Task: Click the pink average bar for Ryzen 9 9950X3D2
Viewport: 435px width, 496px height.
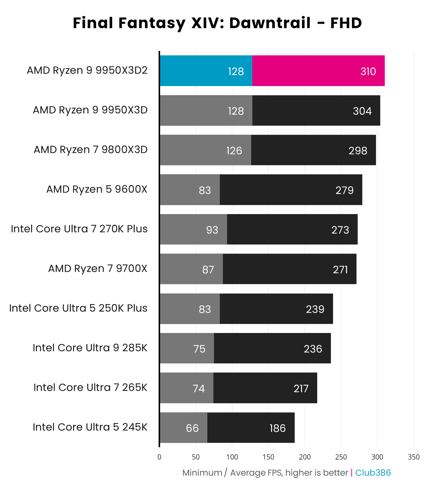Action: (x=318, y=71)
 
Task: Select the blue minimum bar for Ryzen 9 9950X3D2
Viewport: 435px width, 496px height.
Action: (x=206, y=71)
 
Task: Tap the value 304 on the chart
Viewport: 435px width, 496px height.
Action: (x=362, y=111)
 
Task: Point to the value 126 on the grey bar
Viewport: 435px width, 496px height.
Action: (x=234, y=151)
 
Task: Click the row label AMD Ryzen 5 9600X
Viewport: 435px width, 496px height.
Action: (x=96, y=189)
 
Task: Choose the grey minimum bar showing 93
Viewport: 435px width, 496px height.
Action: (x=193, y=230)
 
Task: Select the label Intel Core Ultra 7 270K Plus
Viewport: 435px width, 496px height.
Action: (x=79, y=229)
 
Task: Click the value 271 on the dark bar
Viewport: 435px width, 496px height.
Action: (x=340, y=269)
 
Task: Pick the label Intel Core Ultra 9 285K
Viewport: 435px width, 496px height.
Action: (x=90, y=348)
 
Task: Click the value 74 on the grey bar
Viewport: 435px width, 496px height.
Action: (x=198, y=388)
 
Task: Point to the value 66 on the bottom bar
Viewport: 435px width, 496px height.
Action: (x=192, y=428)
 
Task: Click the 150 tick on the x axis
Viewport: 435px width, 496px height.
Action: (x=268, y=457)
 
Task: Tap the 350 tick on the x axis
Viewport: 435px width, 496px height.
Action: (x=413, y=457)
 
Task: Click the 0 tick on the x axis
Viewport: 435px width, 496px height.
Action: (x=159, y=457)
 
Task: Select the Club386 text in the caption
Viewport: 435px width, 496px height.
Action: (x=373, y=473)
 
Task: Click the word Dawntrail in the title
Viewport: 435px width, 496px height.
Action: (x=270, y=23)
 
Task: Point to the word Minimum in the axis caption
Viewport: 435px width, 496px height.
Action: (x=202, y=473)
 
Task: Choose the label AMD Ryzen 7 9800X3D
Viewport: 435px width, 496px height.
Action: (x=90, y=150)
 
